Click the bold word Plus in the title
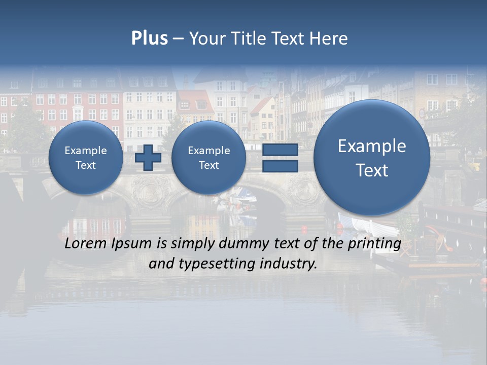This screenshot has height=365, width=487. pos(149,39)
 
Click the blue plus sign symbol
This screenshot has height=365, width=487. pos(148,158)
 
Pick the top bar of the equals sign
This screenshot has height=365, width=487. pos(280,150)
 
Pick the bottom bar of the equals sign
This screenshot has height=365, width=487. pos(280,166)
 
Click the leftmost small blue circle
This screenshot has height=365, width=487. pos(86,158)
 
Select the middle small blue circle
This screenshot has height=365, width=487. pos(208,158)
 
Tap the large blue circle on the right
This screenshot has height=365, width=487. pos(372,158)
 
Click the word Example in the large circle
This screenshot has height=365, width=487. pos(372,146)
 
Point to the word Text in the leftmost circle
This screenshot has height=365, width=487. pos(86,165)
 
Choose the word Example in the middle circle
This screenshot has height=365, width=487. pos(208,151)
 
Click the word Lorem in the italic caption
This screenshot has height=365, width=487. pos(83,244)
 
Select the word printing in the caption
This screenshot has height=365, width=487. pos(375,244)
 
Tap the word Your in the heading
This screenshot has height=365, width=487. pos(206,39)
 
